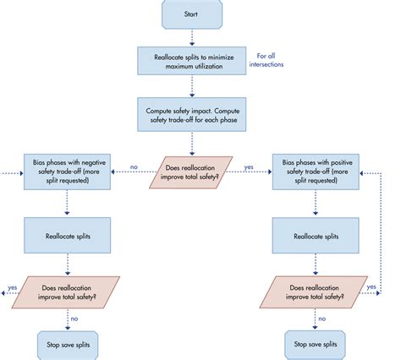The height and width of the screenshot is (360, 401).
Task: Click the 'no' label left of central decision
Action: point(134,167)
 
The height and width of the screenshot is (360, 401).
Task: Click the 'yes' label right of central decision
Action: point(248,167)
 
